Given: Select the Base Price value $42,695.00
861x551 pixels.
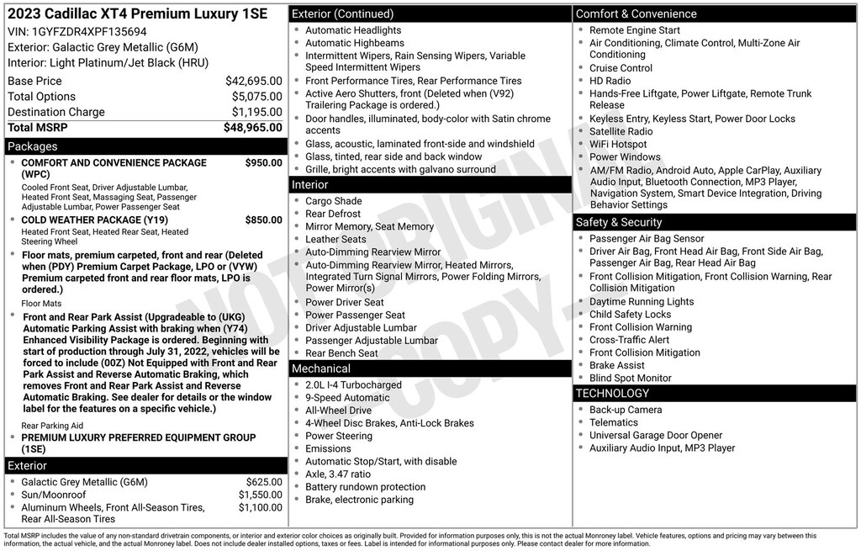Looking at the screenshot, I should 253,81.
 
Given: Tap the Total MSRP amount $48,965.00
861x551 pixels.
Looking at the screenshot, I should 252,128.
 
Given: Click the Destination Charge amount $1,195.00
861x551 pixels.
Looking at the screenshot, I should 256,112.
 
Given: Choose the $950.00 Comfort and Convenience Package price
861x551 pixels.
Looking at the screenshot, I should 263,162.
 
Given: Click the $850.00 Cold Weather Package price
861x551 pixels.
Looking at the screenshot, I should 263,220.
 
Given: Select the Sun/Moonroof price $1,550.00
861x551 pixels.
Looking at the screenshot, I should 260,495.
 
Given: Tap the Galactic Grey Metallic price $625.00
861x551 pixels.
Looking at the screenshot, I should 264,482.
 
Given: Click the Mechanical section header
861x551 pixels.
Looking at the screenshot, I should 321,368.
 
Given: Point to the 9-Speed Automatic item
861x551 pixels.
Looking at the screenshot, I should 347,398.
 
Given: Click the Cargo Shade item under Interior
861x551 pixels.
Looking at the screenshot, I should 333,201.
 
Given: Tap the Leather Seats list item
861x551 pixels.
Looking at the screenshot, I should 335,239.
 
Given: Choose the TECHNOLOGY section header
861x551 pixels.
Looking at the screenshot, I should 612,393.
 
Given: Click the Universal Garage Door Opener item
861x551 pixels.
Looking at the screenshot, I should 656,436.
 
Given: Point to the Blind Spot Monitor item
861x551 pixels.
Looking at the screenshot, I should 630,379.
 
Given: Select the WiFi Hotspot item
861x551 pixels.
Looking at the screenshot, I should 618,144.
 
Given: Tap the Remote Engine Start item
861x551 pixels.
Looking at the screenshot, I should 634,30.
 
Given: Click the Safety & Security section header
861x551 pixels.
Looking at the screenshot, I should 618,222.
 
